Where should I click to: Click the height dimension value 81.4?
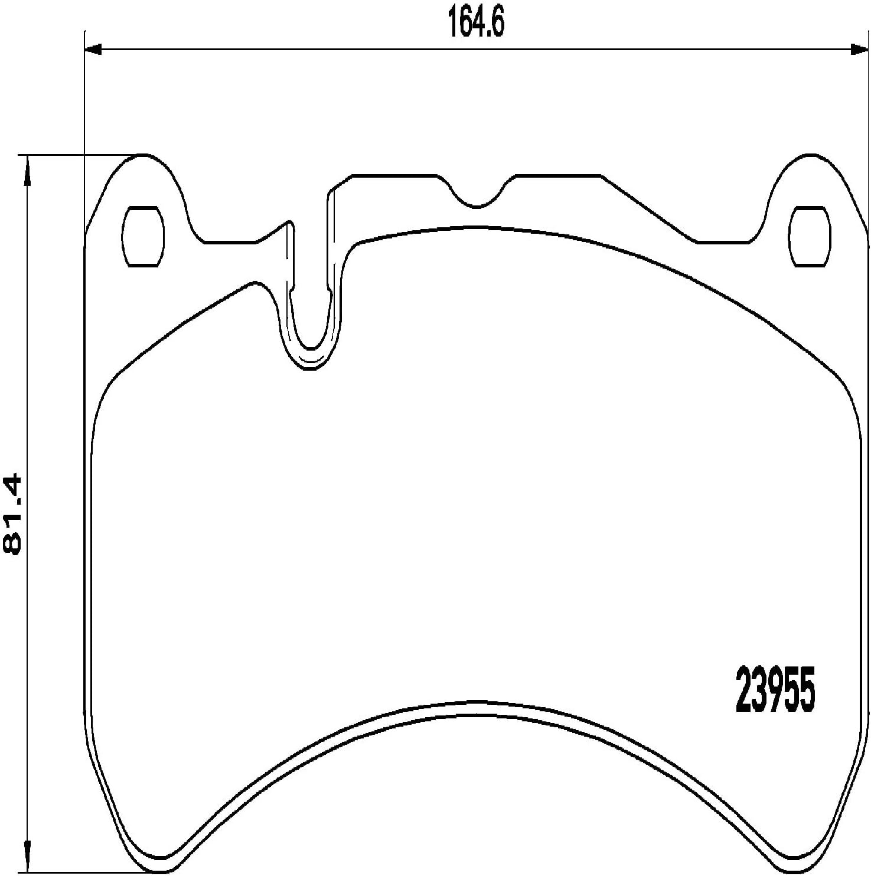point(13,514)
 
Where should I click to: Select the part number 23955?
point(775,689)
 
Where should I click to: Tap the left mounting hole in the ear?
point(142,237)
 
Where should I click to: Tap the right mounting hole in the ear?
point(810,237)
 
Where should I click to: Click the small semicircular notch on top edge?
point(478,201)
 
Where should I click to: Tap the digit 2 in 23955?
point(743,689)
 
